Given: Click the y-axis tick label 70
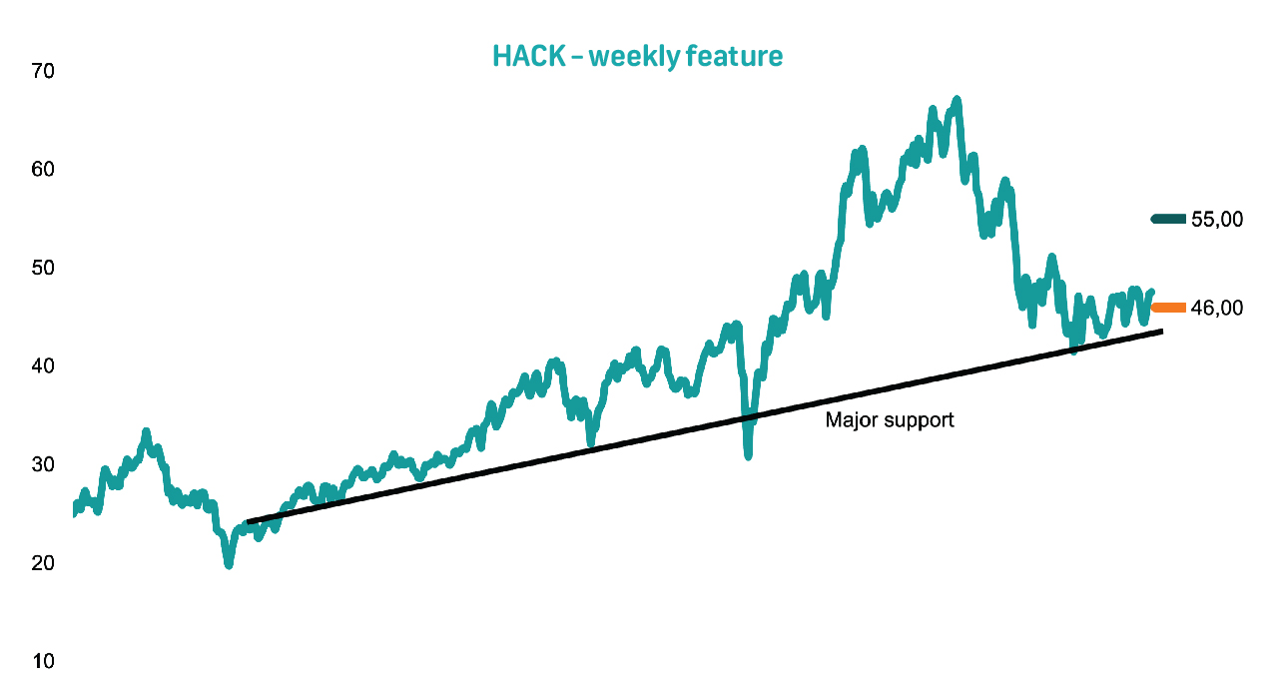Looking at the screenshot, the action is coord(43,71).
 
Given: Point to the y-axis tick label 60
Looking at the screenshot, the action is coord(43,170).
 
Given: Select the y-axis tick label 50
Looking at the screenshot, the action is coord(43,268).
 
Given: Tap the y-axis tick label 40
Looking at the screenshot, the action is coord(43,365).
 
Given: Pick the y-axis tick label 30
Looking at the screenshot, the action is coord(43,464).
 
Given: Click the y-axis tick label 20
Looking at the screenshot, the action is coord(43,563).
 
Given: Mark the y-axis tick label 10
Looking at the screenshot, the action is coord(43,661).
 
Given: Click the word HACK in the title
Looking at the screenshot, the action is coord(529,57).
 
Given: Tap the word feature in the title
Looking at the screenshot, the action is coord(735,57).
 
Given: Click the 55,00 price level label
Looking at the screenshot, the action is coord(1217,220).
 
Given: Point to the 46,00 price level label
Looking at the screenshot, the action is coord(1217,309).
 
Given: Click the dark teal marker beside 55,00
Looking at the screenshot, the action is coord(1168,219).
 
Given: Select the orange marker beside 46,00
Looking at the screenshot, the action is coord(1168,308).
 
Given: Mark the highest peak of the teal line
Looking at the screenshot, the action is coord(958,99).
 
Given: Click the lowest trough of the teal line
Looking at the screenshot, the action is coord(229,565).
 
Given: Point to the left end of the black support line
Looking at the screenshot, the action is coord(247,522).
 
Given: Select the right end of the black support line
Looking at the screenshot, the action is coord(1162,332).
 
